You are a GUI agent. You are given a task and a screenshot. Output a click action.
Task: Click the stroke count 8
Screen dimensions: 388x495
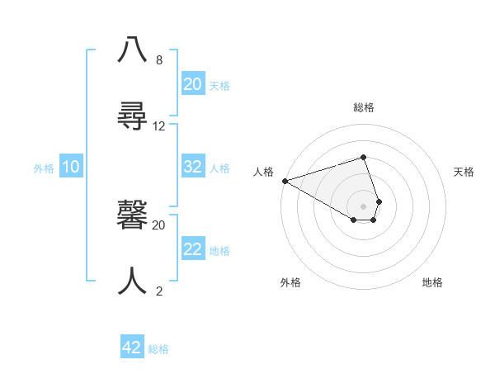(x=159, y=60)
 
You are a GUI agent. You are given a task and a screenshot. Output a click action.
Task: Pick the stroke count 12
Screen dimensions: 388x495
(x=159, y=126)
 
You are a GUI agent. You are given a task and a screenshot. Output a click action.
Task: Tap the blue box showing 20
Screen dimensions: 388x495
(x=193, y=84)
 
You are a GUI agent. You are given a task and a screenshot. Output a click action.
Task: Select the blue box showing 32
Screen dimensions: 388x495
(x=193, y=167)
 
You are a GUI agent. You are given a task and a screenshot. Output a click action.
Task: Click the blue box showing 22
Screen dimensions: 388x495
(x=193, y=249)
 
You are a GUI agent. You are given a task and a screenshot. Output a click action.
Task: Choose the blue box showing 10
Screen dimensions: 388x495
(x=71, y=167)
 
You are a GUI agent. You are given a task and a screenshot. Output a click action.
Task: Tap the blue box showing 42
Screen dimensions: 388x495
(x=132, y=348)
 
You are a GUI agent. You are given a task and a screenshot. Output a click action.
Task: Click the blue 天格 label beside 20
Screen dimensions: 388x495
(x=219, y=86)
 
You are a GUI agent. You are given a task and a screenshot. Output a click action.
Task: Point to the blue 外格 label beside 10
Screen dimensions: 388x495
(x=44, y=168)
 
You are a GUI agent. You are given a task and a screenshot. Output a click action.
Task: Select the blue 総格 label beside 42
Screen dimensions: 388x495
(x=158, y=349)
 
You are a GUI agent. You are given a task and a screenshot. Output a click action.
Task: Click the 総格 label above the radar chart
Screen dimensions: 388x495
(x=364, y=107)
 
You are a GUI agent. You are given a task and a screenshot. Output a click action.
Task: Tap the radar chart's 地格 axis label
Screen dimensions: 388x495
(x=432, y=282)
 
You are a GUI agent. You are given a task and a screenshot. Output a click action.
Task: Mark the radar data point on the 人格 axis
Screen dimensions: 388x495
(x=285, y=181)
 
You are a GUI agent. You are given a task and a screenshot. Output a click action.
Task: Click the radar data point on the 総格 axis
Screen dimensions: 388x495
(x=363, y=157)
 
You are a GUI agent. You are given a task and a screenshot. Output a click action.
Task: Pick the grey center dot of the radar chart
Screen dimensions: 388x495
(x=363, y=206)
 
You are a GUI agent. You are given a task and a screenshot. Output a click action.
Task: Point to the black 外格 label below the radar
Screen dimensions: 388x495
(x=290, y=282)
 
